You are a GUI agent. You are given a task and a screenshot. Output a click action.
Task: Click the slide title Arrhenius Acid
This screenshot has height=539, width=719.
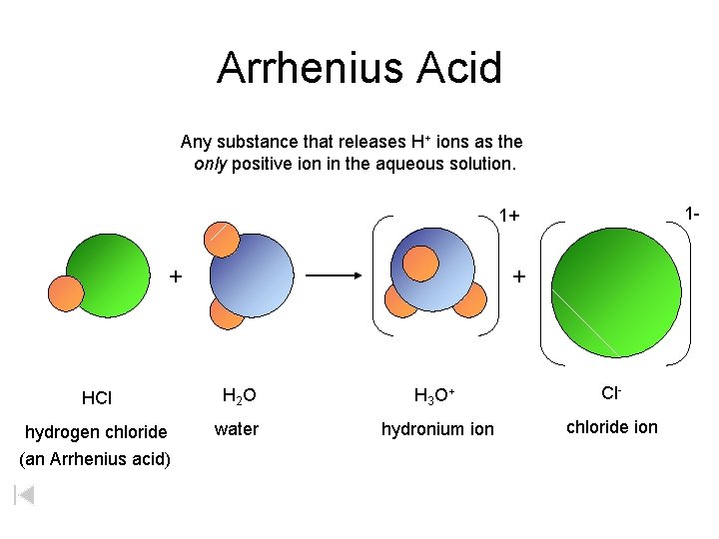359,68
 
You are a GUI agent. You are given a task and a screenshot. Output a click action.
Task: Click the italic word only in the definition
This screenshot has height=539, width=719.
210,164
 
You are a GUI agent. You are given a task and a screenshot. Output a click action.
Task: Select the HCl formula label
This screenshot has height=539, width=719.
97,398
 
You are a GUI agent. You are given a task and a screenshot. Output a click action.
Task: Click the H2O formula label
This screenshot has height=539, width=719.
239,396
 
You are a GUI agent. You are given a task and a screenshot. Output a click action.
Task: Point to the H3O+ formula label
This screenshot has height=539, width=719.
435,396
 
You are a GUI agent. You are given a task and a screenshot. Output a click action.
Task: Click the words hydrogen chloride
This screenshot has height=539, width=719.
96,432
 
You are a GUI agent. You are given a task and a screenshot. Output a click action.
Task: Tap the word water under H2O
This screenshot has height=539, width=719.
237,429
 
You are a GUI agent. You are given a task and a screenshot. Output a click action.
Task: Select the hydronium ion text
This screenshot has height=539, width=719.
437,429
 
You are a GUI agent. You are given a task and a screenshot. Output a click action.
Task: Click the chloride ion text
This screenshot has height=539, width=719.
612,427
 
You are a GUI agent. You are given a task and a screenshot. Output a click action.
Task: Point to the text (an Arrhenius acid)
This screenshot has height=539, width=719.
95,459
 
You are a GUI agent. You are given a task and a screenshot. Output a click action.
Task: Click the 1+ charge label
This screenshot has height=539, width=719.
509,216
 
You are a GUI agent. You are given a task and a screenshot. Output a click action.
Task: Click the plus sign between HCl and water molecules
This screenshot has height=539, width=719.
176,275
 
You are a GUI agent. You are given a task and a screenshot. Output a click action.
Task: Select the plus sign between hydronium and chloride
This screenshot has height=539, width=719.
517,275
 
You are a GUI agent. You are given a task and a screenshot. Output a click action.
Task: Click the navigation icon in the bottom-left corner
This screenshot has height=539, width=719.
26,494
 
